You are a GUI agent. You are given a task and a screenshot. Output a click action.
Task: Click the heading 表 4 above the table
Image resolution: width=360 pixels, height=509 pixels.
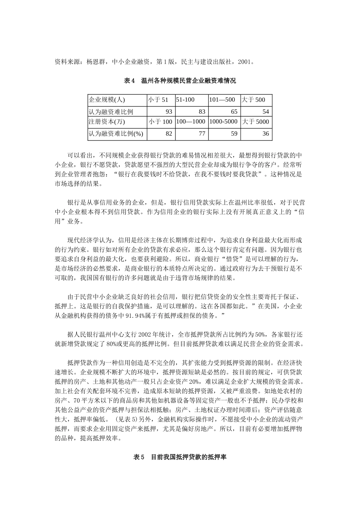click(129, 81)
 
